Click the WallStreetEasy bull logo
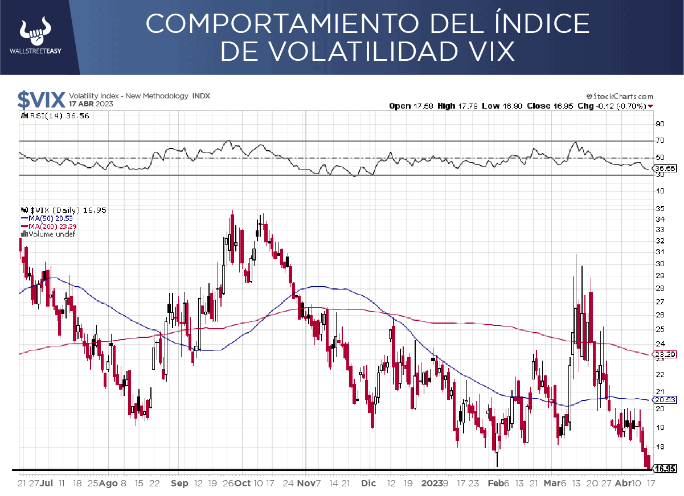point(35,33)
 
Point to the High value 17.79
point(466,106)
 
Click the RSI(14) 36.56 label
point(58,115)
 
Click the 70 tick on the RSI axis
point(660,140)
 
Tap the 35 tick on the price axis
point(660,208)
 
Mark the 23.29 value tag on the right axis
point(665,354)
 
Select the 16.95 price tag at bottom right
point(665,469)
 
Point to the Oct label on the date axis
point(243,483)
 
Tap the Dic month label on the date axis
point(368,483)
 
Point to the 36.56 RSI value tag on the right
point(665,168)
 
